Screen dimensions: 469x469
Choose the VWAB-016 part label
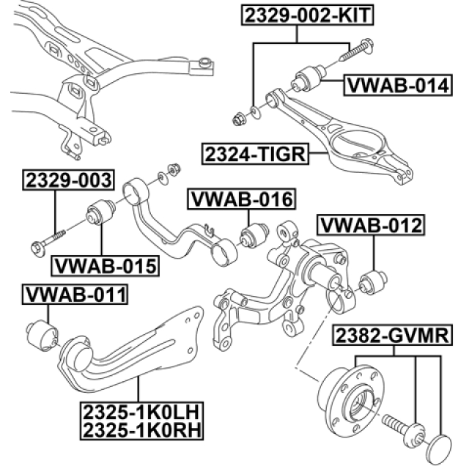(x=242, y=199)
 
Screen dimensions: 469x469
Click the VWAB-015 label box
(x=104, y=265)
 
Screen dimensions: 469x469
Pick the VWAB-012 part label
(x=370, y=225)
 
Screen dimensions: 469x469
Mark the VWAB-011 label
(x=76, y=295)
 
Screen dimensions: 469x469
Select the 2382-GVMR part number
(x=392, y=336)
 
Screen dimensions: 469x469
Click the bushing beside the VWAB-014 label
(x=311, y=77)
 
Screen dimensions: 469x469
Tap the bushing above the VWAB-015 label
(x=99, y=214)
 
